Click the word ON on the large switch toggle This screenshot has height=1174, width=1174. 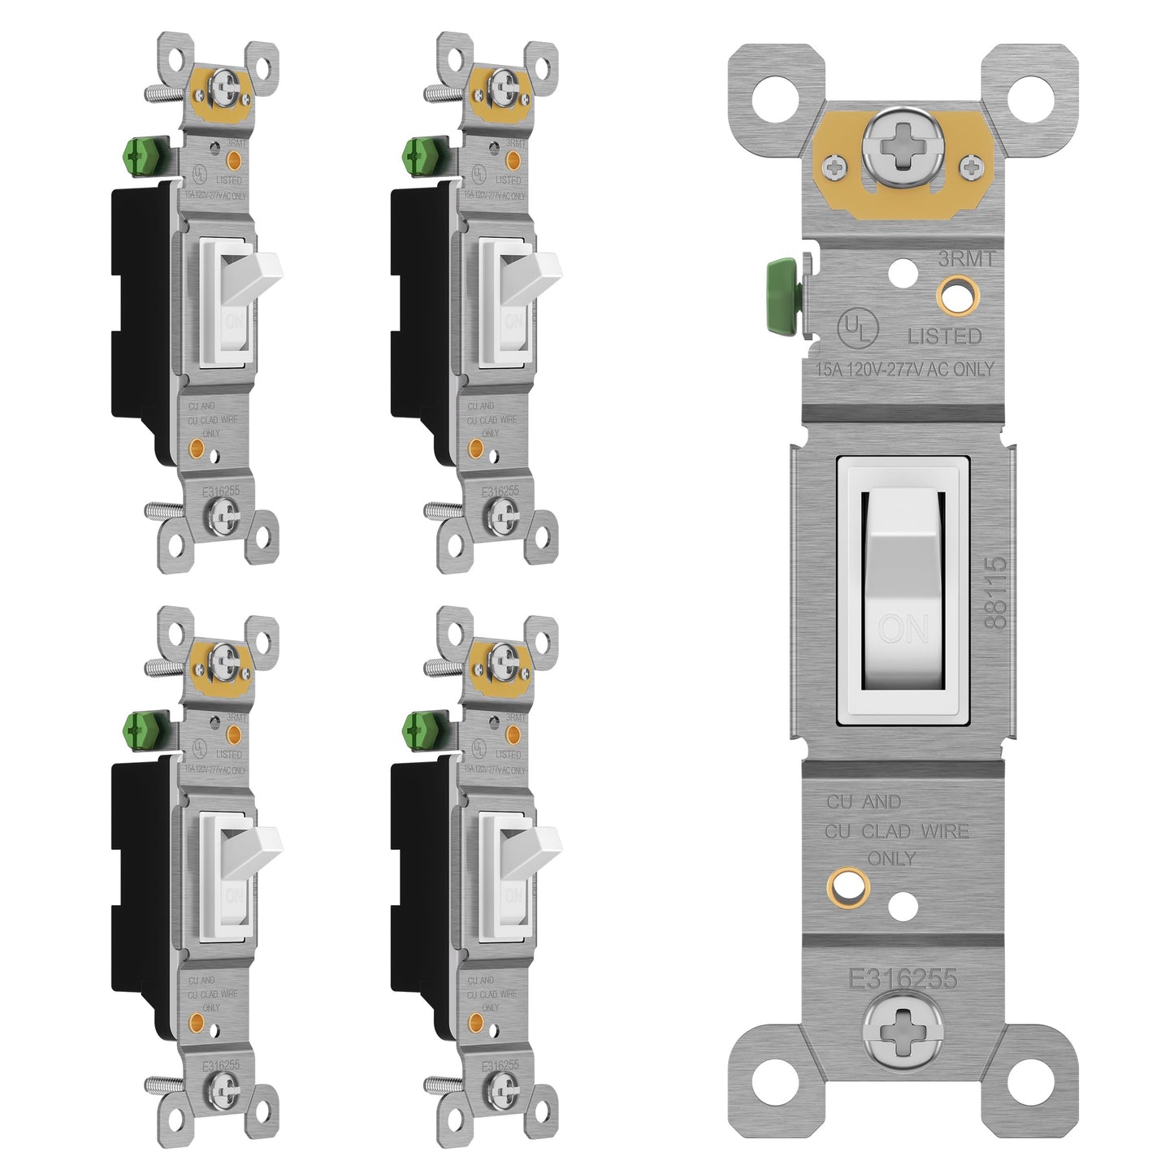point(903,629)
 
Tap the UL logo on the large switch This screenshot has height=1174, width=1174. point(857,328)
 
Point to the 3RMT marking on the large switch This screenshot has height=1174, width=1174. point(966,259)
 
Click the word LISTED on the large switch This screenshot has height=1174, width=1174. point(944,336)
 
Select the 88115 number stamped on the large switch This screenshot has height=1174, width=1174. point(995,592)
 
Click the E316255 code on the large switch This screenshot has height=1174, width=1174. point(903,979)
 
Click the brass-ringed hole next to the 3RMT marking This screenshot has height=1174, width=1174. point(956,294)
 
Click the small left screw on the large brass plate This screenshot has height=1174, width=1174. point(834,167)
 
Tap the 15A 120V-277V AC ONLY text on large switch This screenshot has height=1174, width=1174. point(904,369)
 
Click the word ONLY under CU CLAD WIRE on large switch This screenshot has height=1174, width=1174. point(891,858)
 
